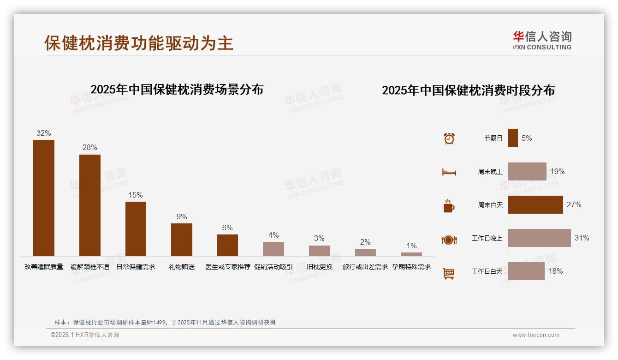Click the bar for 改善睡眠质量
coord(44,198)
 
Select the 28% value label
coord(89,148)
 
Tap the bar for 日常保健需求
coord(136,229)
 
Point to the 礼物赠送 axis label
coord(182,267)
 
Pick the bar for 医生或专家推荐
coord(227,245)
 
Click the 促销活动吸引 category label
coord(273,267)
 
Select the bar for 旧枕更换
coord(319,251)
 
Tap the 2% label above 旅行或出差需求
coord(365,242)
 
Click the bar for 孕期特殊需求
coord(411,254)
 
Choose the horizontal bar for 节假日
coord(513,138)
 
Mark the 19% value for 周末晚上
coord(557,171)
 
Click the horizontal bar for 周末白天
coord(535,204)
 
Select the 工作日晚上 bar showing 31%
coord(539,238)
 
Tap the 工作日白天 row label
coord(487,271)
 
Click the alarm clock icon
coord(449,138)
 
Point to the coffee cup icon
coord(449,206)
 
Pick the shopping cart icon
coord(449,273)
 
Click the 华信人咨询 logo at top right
coord(542,40)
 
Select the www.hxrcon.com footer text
coord(536,335)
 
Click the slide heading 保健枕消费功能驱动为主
coord(139,43)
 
